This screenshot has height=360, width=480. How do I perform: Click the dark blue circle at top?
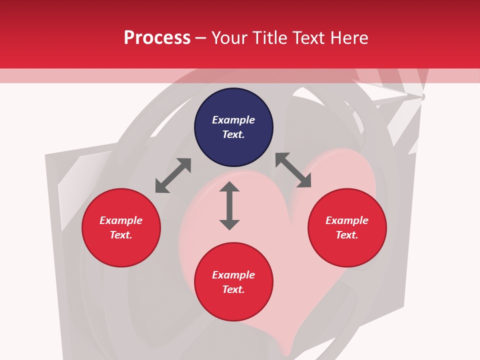233,127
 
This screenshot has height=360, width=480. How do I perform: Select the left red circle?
121,228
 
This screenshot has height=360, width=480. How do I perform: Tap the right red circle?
347,228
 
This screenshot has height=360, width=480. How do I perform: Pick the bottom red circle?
233,282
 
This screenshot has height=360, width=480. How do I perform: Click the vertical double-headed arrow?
229,206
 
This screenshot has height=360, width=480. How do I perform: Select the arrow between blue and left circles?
173,175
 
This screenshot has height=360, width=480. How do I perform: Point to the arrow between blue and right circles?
293,170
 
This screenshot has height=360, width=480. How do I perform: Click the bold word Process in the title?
157,38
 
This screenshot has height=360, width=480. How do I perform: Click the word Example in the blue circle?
233,120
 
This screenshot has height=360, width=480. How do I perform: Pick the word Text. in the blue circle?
233,135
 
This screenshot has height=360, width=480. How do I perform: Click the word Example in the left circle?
121,220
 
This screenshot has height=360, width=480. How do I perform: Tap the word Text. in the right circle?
347,235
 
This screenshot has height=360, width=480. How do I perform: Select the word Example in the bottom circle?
233,275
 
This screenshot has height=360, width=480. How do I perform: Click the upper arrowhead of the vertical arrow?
229,187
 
